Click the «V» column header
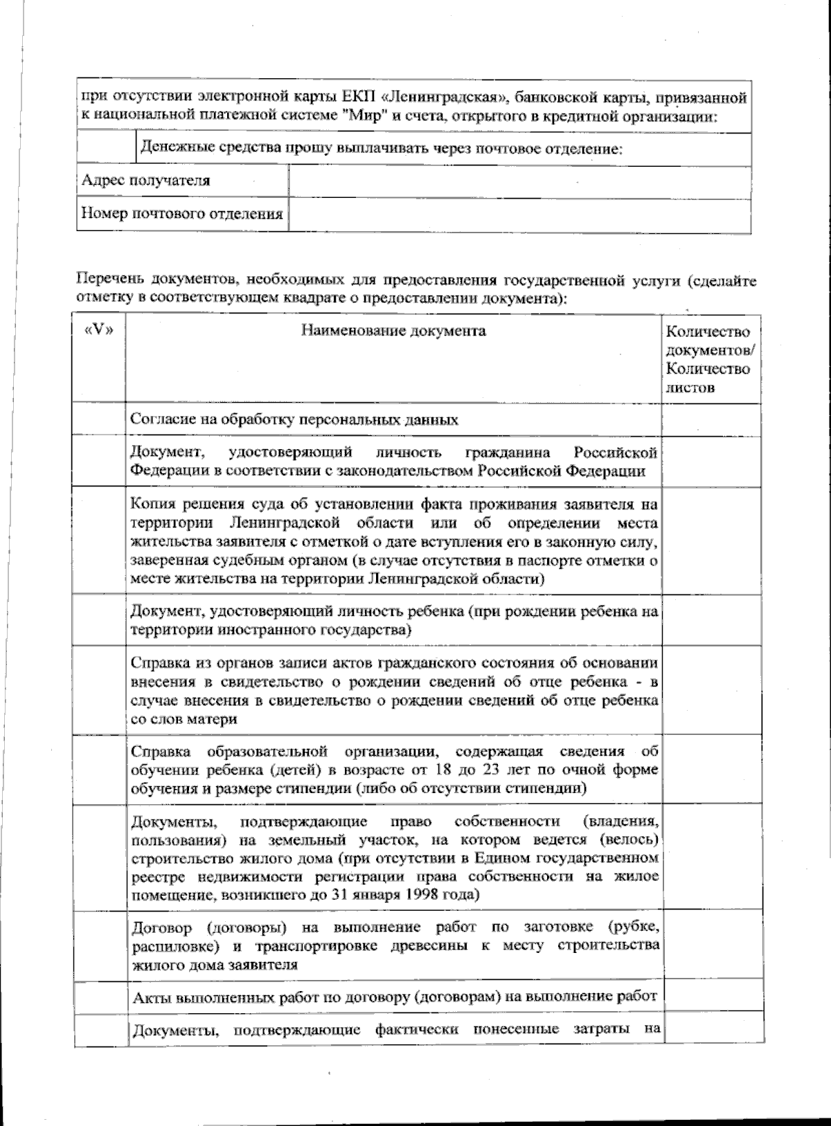point(99,330)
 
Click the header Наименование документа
point(393,331)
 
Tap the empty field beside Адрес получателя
point(519,181)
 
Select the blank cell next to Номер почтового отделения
point(519,214)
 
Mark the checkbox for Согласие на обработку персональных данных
point(100,419)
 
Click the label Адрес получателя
point(145,181)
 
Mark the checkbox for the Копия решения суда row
point(100,540)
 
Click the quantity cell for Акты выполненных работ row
point(713,997)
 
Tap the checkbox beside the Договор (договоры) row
point(100,945)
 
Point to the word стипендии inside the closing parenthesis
point(549,788)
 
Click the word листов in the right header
point(690,388)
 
